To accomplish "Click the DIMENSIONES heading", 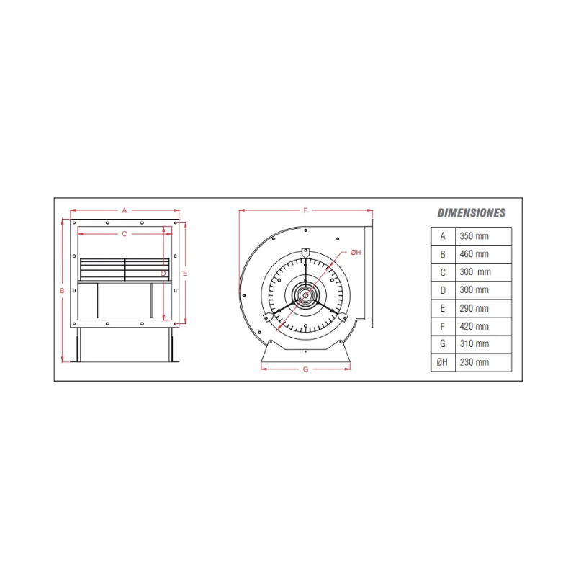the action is point(472,212).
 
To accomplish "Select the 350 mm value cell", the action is point(483,236).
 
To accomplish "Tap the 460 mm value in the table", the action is point(474,254).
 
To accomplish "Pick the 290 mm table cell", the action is point(483,308).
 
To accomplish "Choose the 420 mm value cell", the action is point(483,326).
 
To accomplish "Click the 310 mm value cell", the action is point(483,344).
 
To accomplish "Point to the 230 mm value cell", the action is point(483,362).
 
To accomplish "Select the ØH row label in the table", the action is point(442,362).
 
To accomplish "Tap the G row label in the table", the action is point(443,344).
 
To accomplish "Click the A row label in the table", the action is point(443,236).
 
